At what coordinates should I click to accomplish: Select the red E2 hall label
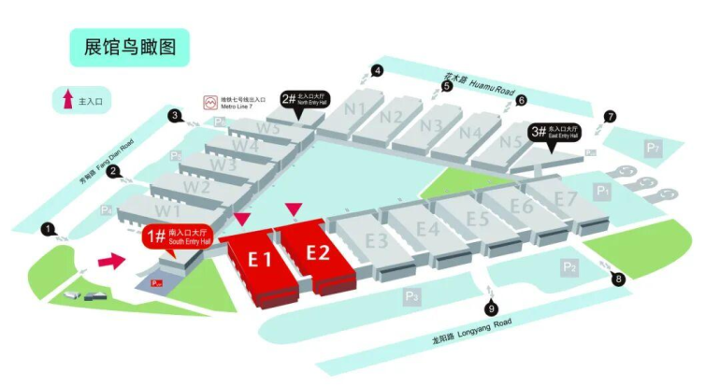click(x=318, y=251)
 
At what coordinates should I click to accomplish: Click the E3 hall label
click(x=376, y=240)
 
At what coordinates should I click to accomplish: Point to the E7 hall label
click(x=566, y=198)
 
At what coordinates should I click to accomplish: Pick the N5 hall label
click(x=511, y=142)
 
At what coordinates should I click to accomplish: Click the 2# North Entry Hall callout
click(x=305, y=100)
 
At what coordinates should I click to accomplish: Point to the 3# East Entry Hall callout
click(x=555, y=133)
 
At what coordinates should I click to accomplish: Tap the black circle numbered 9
click(x=492, y=309)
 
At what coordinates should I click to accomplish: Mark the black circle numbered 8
click(x=618, y=279)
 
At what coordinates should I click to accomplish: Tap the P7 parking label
click(x=653, y=148)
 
